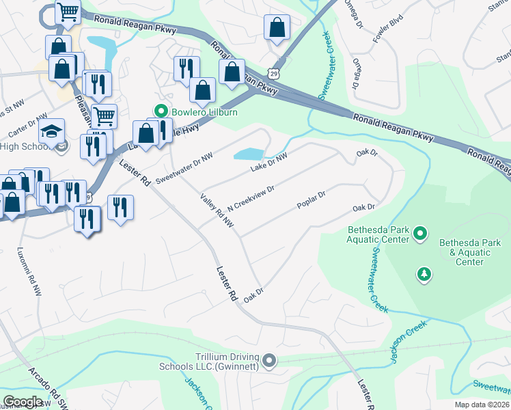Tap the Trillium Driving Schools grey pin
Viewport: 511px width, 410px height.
tap(270, 360)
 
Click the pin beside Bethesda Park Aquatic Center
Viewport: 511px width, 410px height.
tap(420, 234)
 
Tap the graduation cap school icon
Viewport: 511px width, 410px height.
tap(52, 131)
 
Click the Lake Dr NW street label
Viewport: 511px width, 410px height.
tap(268, 162)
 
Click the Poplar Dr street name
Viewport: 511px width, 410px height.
tap(312, 200)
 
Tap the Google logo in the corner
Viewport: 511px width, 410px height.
tap(23, 402)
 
